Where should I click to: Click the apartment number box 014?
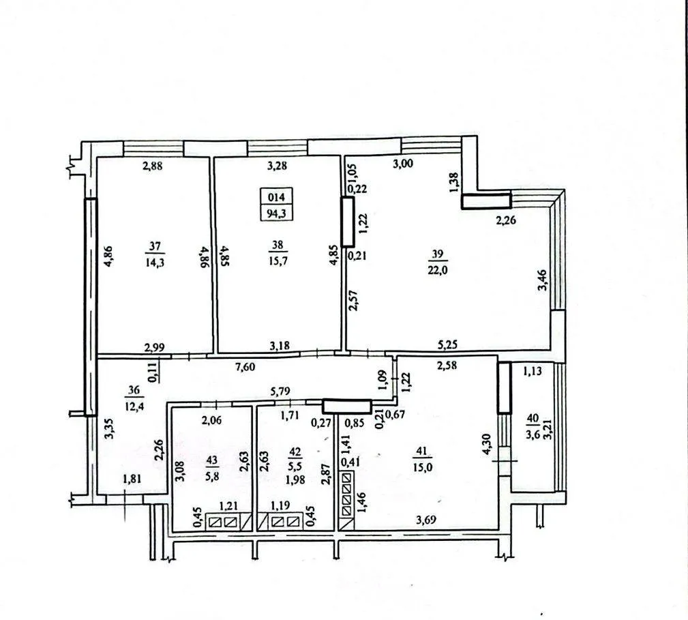click(x=276, y=197)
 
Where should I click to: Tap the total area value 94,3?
click(x=276, y=213)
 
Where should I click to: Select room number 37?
click(x=155, y=246)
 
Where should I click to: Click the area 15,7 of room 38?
click(x=277, y=261)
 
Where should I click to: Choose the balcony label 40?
click(x=533, y=418)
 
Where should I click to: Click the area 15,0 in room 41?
click(x=423, y=467)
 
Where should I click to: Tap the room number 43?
click(x=212, y=460)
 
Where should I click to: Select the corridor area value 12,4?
click(x=134, y=406)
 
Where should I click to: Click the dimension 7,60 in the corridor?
click(x=245, y=367)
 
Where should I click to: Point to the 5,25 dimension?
click(x=447, y=345)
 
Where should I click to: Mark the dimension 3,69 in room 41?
click(x=426, y=520)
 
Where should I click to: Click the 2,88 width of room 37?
click(x=152, y=166)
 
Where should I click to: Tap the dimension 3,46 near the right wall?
click(x=542, y=280)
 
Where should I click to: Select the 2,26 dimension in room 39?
click(x=506, y=221)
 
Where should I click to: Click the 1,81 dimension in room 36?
click(x=132, y=479)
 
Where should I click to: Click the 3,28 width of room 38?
click(x=278, y=166)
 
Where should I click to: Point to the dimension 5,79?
click(x=280, y=391)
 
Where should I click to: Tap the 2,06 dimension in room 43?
click(x=211, y=421)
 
